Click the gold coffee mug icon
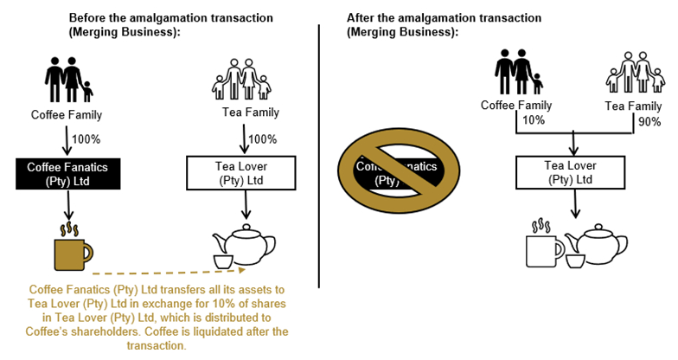click(x=71, y=249)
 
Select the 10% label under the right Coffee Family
click(x=534, y=120)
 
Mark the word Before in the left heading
click(x=88, y=17)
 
